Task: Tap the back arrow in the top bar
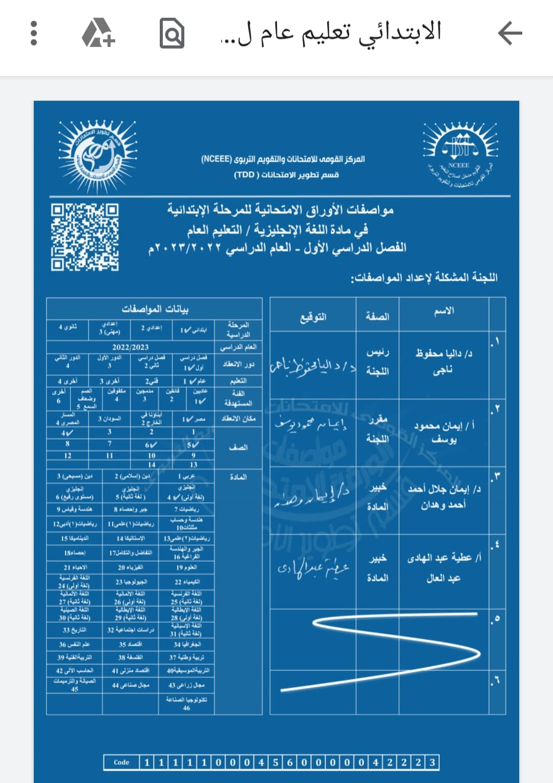509,34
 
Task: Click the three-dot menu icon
34,34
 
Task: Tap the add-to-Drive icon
98,34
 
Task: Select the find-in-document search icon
172,34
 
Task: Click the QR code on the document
84,237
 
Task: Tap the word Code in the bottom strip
121,762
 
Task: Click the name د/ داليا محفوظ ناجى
443,362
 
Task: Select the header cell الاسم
443,311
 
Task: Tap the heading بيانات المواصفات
155,309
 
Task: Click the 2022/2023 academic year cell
131,347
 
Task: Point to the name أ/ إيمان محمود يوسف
443,432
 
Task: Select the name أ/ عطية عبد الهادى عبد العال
443,568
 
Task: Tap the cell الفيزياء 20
130,567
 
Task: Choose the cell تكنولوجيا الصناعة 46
186,704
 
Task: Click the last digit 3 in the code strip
432,762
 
